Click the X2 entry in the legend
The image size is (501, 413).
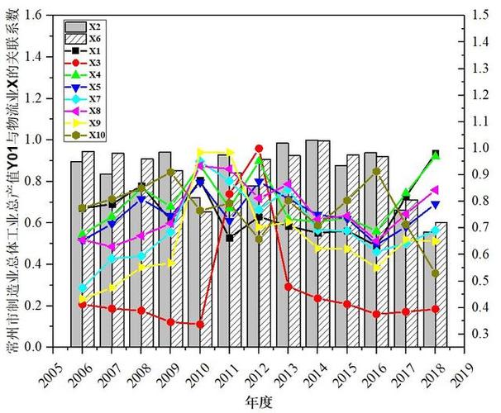83,26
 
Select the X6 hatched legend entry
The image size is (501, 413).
83,39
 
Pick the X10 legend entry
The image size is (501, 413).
83,135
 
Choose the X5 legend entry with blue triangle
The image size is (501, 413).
83,87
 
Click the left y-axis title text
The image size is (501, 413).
12,182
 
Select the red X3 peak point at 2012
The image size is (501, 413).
259,149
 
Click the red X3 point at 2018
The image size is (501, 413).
436,310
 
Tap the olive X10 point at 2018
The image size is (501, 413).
436,273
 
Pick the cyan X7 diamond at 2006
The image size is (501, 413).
82,288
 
